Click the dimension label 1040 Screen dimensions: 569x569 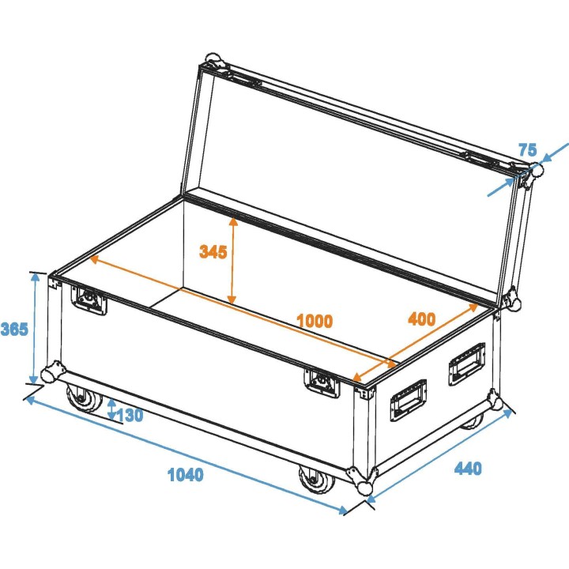click(x=186, y=475)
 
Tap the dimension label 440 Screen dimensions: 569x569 click(x=467, y=469)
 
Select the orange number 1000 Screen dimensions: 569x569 click(x=314, y=321)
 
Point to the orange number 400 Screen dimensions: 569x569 click(x=420, y=319)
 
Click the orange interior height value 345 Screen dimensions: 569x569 click(x=213, y=252)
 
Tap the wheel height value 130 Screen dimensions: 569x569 click(x=130, y=415)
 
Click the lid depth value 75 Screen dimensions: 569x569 click(x=528, y=150)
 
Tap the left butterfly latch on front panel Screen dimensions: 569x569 click(x=89, y=300)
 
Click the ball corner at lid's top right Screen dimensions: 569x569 click(x=535, y=170)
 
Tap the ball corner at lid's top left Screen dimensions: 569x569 click(x=212, y=61)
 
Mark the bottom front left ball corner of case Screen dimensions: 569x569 click(x=55, y=371)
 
